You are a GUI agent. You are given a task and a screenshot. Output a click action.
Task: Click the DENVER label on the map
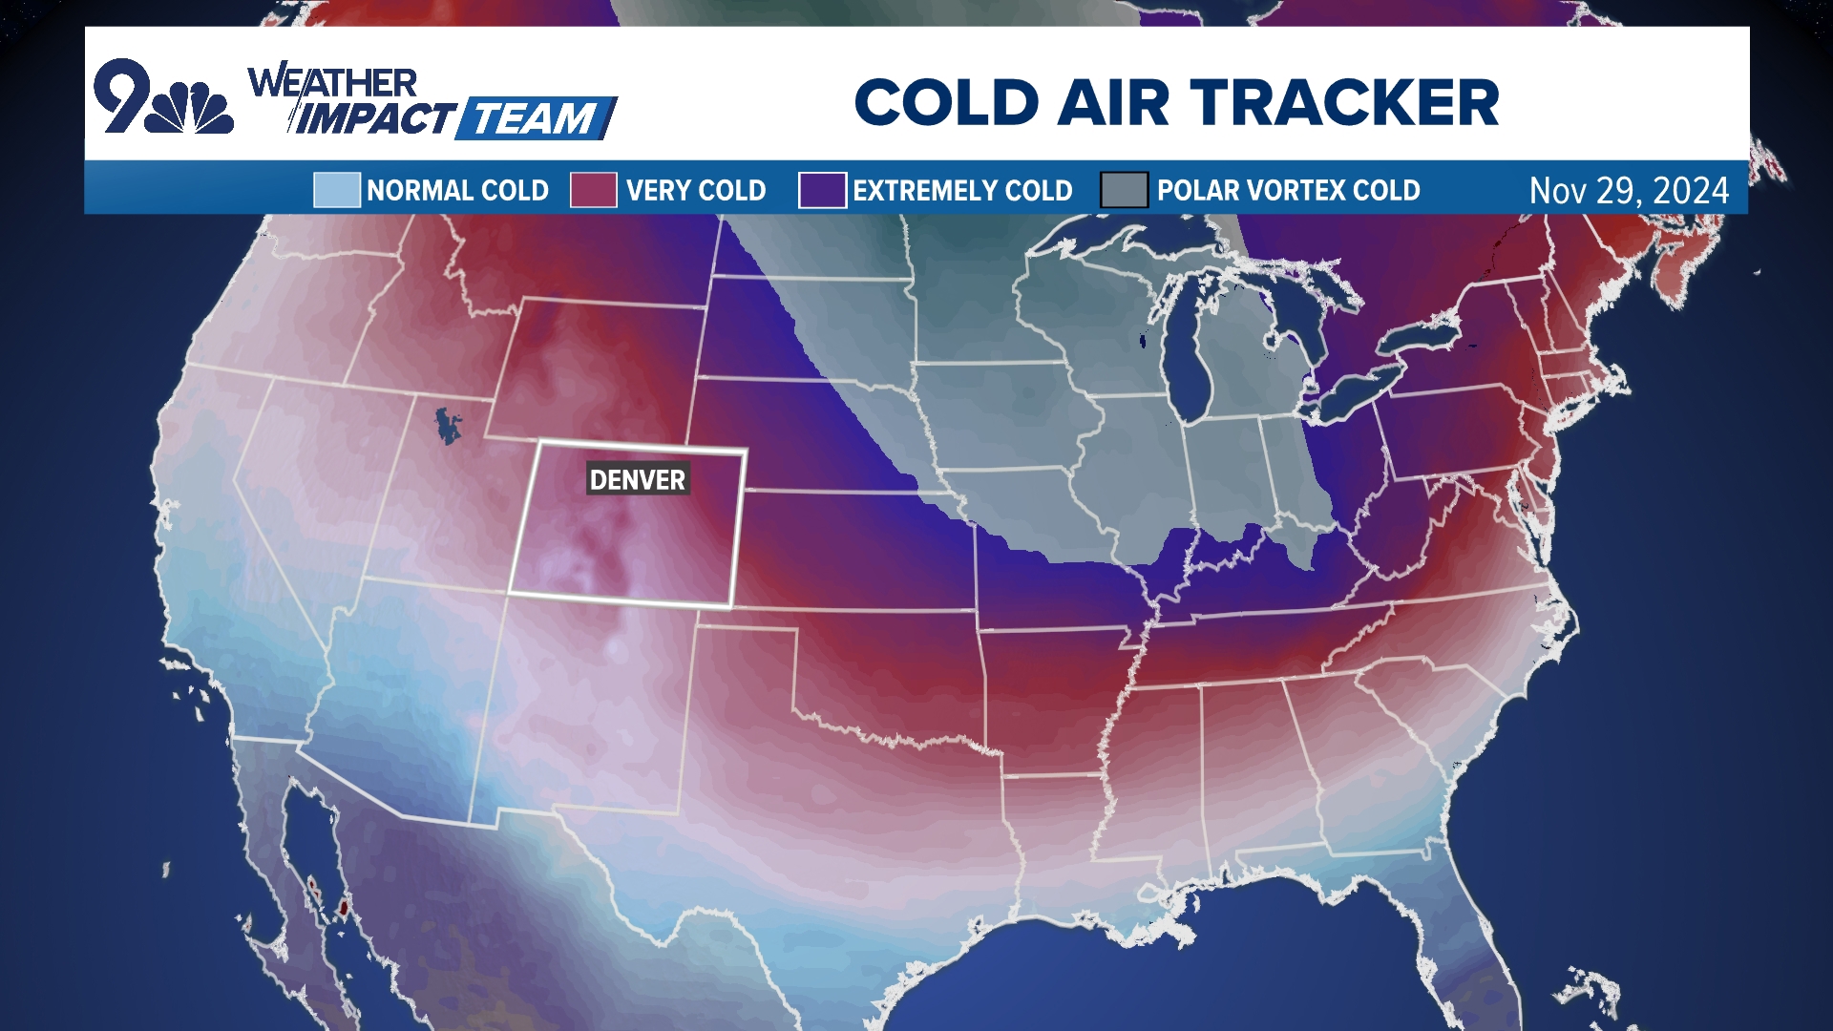637,479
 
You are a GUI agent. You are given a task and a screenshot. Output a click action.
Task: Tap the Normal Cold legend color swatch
336,190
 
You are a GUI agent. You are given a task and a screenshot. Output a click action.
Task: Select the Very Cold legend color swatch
593,190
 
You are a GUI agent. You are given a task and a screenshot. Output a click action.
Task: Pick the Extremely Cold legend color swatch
821,190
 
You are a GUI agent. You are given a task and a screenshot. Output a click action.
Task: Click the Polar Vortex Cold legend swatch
1123,190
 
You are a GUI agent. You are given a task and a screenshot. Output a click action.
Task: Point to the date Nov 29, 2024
1628,191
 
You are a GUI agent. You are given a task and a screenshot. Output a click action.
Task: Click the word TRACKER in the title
1344,103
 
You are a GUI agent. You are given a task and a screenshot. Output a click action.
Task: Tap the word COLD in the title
946,103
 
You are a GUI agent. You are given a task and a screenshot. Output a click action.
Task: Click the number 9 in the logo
122,95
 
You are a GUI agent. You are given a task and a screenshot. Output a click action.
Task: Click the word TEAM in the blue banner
535,119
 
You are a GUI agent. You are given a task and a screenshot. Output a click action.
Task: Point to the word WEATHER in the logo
332,82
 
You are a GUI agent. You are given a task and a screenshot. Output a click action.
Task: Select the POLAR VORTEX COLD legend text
1288,191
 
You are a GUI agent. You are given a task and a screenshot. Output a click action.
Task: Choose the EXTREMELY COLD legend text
962,191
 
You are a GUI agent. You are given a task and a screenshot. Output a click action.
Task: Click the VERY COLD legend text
696,191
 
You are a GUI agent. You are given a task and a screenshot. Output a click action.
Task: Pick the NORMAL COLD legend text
457,191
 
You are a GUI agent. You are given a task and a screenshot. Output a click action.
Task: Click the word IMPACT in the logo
375,119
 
